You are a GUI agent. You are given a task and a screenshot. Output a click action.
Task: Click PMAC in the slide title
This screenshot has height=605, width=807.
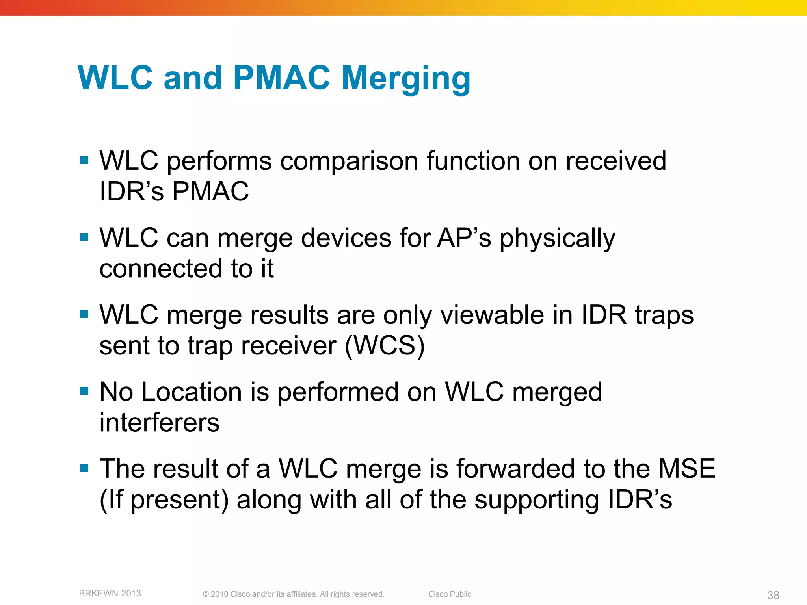(281, 78)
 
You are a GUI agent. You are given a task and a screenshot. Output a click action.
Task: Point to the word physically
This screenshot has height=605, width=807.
(557, 239)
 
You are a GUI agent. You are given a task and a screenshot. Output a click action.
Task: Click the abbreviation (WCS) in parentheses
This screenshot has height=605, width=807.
(385, 346)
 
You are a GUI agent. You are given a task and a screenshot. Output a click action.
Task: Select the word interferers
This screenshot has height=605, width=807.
(159, 423)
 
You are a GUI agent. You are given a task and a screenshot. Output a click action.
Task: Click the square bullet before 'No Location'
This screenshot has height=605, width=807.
(84, 391)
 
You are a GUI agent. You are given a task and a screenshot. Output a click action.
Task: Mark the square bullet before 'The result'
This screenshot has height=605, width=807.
(84, 468)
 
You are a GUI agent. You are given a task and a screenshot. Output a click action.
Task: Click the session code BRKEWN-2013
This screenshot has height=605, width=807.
(110, 593)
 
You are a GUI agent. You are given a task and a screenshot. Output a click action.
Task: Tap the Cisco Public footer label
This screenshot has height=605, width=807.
(450, 594)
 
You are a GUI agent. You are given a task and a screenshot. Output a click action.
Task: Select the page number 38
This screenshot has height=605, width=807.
(773, 595)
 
